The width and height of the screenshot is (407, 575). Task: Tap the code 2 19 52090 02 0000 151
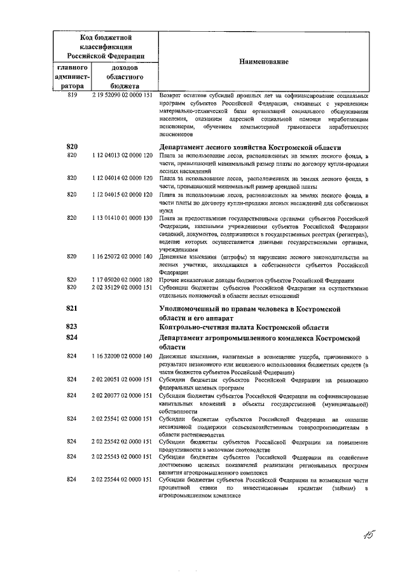[x=121, y=95]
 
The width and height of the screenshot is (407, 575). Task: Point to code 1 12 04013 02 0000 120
[x=121, y=155]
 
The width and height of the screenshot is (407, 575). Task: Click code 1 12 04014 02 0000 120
[x=121, y=179]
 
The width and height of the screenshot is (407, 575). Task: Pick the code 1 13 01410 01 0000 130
[x=121, y=218]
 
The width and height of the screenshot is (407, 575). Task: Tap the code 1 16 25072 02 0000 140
[x=121, y=257]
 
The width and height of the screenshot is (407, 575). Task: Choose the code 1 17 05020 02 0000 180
[x=121, y=280]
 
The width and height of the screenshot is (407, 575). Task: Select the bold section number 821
[x=72, y=308]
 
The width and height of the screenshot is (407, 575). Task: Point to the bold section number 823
[x=72, y=327]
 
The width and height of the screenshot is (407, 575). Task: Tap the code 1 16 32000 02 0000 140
[x=121, y=357]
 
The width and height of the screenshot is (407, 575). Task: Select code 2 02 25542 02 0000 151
[x=121, y=442]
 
